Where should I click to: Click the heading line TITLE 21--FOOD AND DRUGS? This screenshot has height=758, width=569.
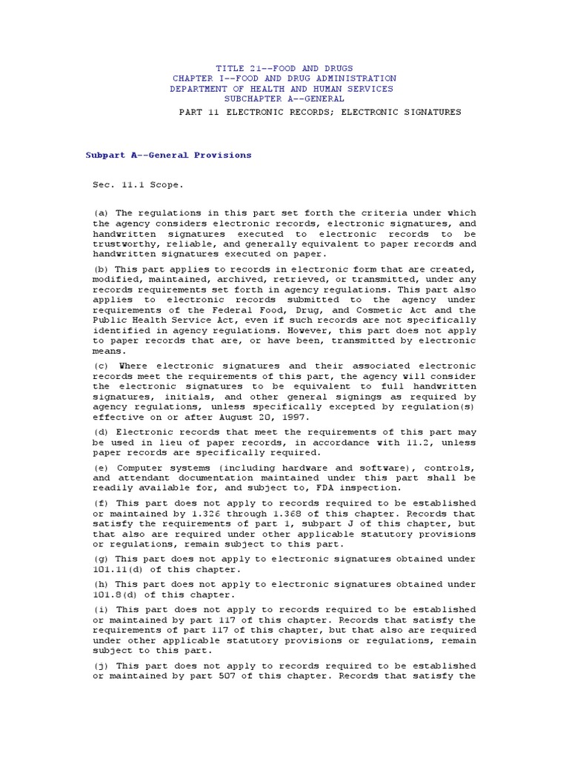click(x=284, y=68)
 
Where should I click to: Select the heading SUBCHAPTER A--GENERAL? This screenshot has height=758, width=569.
click(x=284, y=98)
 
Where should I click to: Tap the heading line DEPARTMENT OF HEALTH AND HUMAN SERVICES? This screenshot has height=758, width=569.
click(x=282, y=89)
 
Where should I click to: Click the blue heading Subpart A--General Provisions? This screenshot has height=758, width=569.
click(x=169, y=155)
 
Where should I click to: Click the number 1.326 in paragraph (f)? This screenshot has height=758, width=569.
click(x=187, y=514)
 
